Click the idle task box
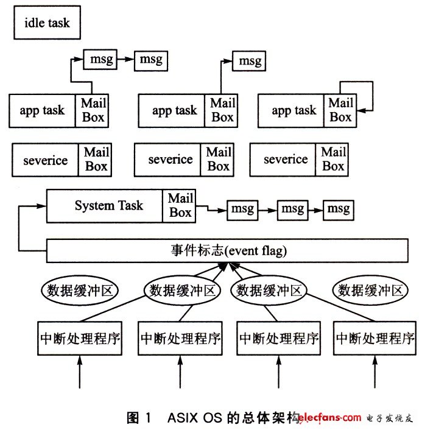tap(47, 23)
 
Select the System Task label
tap(109, 205)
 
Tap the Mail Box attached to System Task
tap(179, 206)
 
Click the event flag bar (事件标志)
tap(227, 251)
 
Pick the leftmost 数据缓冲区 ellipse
tap(80, 291)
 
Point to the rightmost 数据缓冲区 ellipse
tap(370, 291)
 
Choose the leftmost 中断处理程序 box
tap(80, 339)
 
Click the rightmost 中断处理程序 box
tap(375, 339)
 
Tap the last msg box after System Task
tap(339, 210)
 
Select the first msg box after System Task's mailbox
tap(243, 210)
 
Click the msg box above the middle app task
tap(249, 61)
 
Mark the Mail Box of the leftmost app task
tap(92, 111)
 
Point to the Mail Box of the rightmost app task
tap(340, 111)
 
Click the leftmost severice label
tap(46, 160)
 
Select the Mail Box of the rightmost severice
tap(332, 160)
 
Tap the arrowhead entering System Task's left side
tap(42, 206)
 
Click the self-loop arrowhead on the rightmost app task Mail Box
tap(362, 111)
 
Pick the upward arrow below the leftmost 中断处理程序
tap(80, 372)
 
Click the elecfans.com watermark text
tap(329, 418)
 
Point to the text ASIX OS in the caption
tap(195, 418)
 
